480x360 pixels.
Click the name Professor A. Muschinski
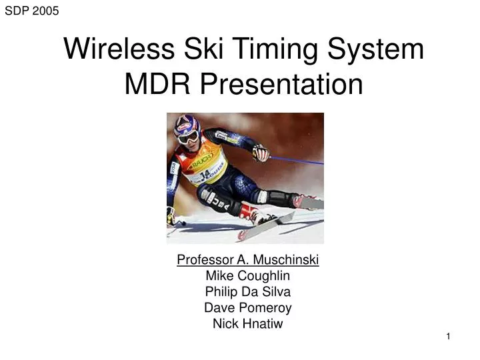point(248,259)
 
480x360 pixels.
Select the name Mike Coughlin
point(248,275)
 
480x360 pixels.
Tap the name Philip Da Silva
point(248,291)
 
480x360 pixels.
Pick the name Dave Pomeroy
point(248,307)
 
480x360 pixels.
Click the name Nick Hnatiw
point(248,324)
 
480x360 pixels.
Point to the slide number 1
point(449,337)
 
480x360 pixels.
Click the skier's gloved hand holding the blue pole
point(261,153)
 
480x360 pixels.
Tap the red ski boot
point(251,213)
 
